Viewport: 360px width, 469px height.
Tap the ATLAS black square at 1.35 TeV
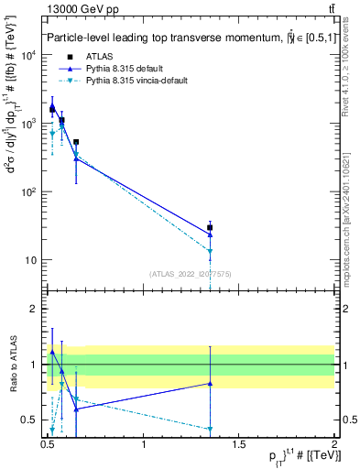point(211,227)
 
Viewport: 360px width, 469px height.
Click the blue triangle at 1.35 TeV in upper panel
point(211,234)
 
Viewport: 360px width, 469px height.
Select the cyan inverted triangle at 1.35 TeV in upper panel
point(211,251)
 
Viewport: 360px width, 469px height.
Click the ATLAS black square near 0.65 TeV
point(76,142)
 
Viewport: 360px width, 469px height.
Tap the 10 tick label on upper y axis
point(34,260)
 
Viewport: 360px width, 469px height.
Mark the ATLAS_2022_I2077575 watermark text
point(190,273)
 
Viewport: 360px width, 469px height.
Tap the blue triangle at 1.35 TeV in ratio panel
point(211,384)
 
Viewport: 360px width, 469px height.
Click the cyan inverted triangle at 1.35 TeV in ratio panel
point(211,429)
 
